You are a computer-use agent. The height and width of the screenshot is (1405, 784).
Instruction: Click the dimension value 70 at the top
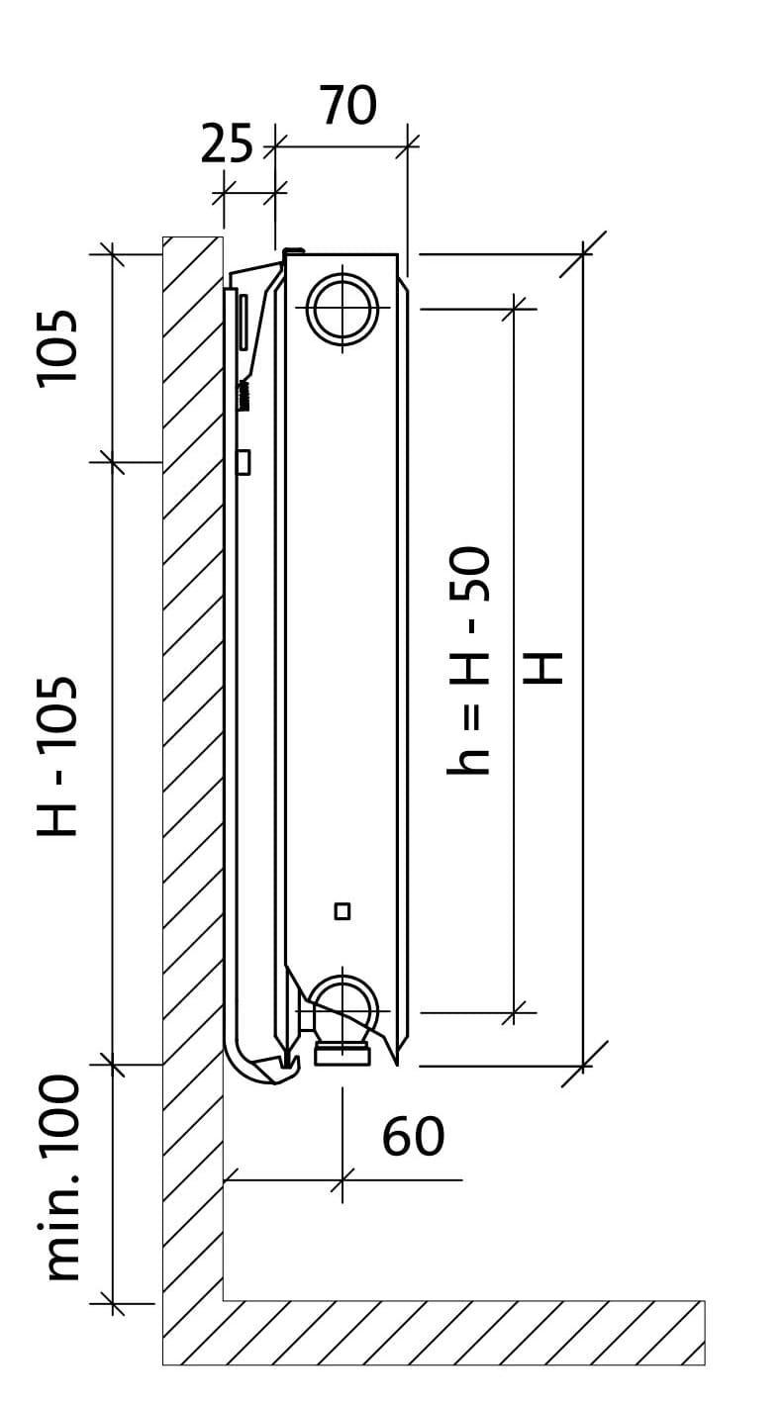[349, 105]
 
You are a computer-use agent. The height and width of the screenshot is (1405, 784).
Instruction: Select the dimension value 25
[227, 143]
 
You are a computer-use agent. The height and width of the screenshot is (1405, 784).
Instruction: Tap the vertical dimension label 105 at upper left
[57, 348]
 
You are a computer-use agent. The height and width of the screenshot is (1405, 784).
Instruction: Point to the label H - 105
[57, 756]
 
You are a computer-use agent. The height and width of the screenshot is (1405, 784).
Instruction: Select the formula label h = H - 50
[468, 661]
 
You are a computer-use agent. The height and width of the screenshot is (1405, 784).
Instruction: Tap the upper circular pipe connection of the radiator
[343, 309]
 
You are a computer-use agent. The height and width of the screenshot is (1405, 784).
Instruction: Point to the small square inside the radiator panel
[343, 911]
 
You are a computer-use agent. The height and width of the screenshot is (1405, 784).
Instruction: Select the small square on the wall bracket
[243, 462]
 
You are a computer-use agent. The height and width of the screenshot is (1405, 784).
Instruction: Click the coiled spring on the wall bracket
[244, 397]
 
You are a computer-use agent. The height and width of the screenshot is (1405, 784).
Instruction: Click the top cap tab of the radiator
[294, 251]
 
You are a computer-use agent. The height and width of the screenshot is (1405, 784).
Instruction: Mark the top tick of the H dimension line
[583, 254]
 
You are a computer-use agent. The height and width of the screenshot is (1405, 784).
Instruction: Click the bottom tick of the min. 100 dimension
[113, 1303]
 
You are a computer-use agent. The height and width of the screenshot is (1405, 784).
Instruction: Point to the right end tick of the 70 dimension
[408, 147]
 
